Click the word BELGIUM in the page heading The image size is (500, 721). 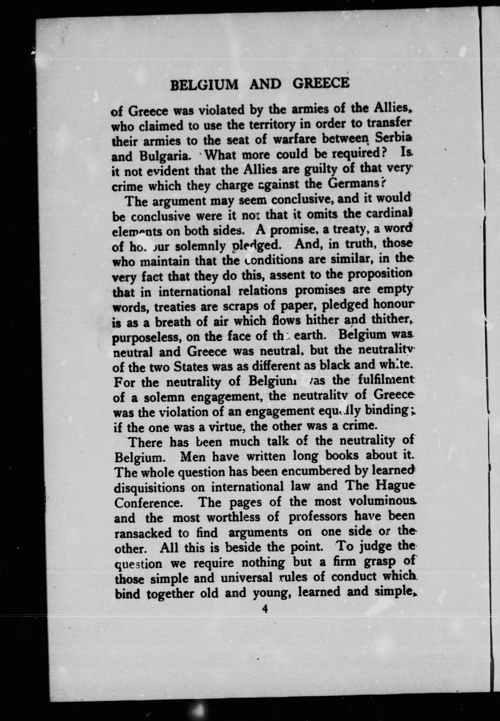[204, 84]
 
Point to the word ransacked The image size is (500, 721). [143, 533]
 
